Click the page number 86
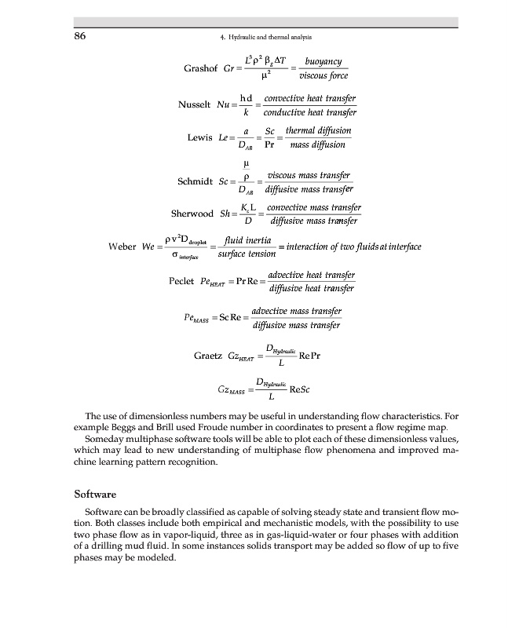(79, 36)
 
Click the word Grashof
(200, 68)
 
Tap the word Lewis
(200, 137)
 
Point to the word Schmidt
(196, 182)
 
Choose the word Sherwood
(192, 214)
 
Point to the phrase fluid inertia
(248, 239)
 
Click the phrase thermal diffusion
(318, 130)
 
